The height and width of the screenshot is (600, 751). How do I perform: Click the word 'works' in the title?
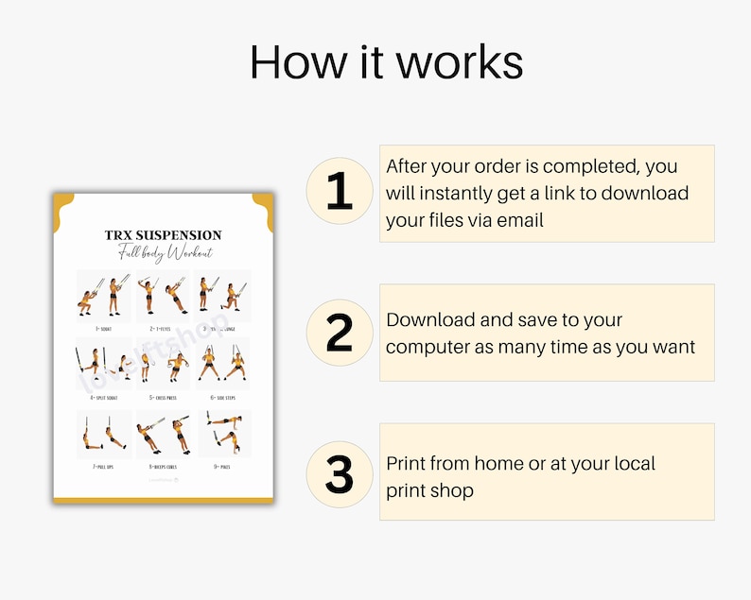(x=459, y=62)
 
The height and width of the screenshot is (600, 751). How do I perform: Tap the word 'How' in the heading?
(x=290, y=62)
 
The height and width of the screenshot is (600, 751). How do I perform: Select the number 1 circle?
(x=340, y=191)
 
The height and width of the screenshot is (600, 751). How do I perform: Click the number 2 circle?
(x=340, y=333)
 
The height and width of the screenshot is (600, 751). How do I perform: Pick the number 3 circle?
(x=340, y=474)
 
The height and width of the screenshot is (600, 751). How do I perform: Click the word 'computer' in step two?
(x=428, y=347)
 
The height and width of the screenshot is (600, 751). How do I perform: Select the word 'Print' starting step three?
(x=407, y=463)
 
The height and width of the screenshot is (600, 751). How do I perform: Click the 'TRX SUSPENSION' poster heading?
(x=164, y=234)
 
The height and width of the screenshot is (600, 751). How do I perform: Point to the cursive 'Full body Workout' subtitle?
(x=164, y=253)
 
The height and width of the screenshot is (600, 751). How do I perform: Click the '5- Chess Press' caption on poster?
(x=164, y=398)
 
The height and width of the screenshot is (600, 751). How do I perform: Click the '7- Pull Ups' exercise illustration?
(x=103, y=433)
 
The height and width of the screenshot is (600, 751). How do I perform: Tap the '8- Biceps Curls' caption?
(x=164, y=466)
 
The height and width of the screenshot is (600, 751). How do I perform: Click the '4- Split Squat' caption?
(x=103, y=398)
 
